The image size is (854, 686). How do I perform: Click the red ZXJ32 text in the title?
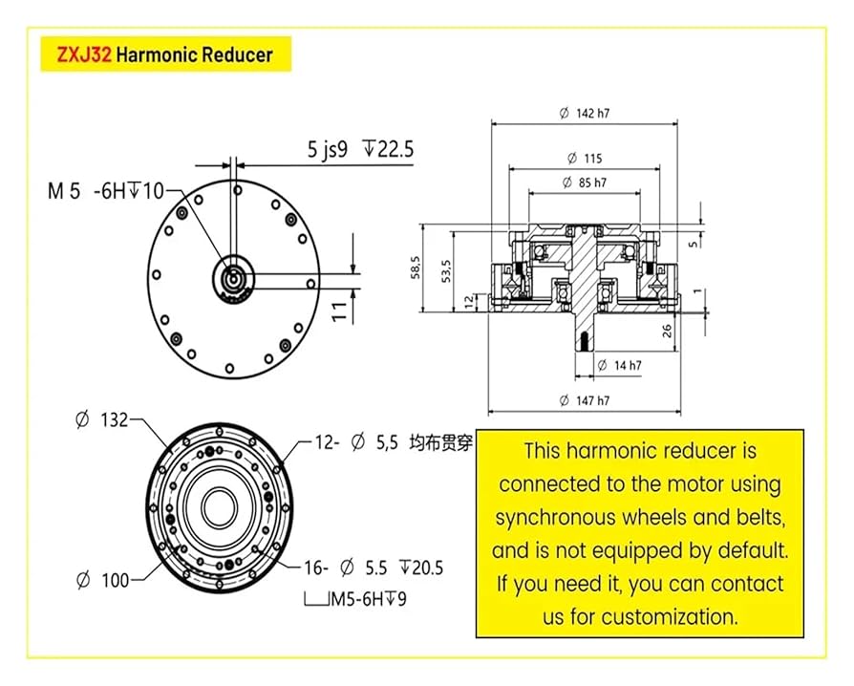pos(85,55)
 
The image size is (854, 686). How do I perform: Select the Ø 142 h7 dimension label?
pos(585,113)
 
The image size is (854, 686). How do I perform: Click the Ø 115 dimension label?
pos(585,158)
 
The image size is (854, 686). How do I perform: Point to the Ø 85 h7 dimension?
pos(585,182)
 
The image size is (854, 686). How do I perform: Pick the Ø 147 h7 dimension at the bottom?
pos(585,401)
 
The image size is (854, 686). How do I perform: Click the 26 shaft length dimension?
pos(668,332)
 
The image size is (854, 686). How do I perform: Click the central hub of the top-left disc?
pos(232,278)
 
